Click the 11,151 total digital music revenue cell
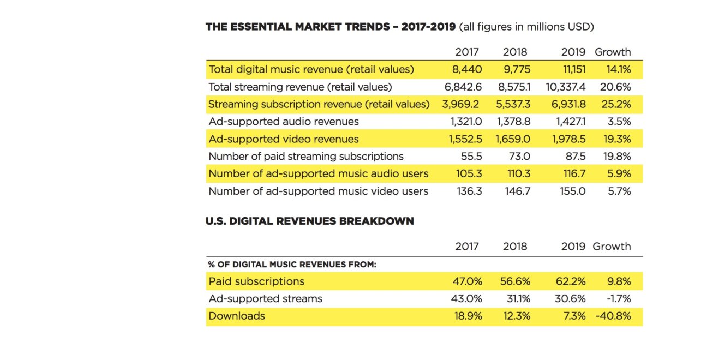[570, 69]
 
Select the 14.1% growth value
[618, 69]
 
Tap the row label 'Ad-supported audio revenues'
[283, 122]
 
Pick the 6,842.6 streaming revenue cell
[462, 87]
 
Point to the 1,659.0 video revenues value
[512, 139]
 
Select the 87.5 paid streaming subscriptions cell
[576, 157]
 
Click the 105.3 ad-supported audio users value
[469, 174]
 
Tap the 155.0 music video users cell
[573, 191]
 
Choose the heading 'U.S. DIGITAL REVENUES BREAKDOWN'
[309, 221]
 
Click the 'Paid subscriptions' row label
[256, 281]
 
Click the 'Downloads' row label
[236, 316]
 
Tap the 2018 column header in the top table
[515, 52]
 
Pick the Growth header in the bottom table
[612, 247]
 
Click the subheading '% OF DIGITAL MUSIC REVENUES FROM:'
[292, 265]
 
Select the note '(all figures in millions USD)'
[526, 27]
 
